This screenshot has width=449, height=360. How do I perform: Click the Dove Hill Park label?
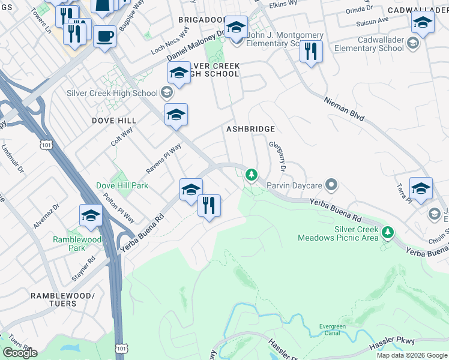(x=122, y=186)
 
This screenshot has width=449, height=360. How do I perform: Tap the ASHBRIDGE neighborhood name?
(x=250, y=129)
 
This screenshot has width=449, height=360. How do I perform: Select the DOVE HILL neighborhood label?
(x=114, y=121)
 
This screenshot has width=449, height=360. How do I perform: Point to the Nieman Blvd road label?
(x=344, y=110)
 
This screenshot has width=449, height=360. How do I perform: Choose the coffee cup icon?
(x=104, y=37)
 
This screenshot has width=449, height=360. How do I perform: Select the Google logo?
(x=20, y=353)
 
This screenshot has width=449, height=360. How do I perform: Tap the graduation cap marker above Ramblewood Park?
(x=91, y=216)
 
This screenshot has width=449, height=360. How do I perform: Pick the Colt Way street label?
(x=122, y=136)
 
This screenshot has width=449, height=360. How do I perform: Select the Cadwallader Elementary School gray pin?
(x=413, y=43)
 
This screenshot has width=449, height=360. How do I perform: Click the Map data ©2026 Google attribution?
(x=411, y=355)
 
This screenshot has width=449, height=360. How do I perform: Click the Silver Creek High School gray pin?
(x=167, y=93)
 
